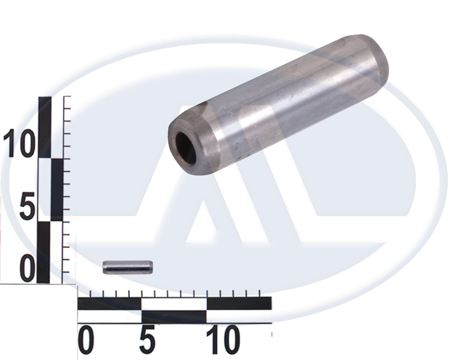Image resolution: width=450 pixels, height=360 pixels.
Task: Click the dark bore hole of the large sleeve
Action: (186, 148)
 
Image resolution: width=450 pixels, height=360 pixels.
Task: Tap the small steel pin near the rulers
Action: (128, 267)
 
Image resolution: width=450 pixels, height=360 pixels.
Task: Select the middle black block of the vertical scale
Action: (57, 190)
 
